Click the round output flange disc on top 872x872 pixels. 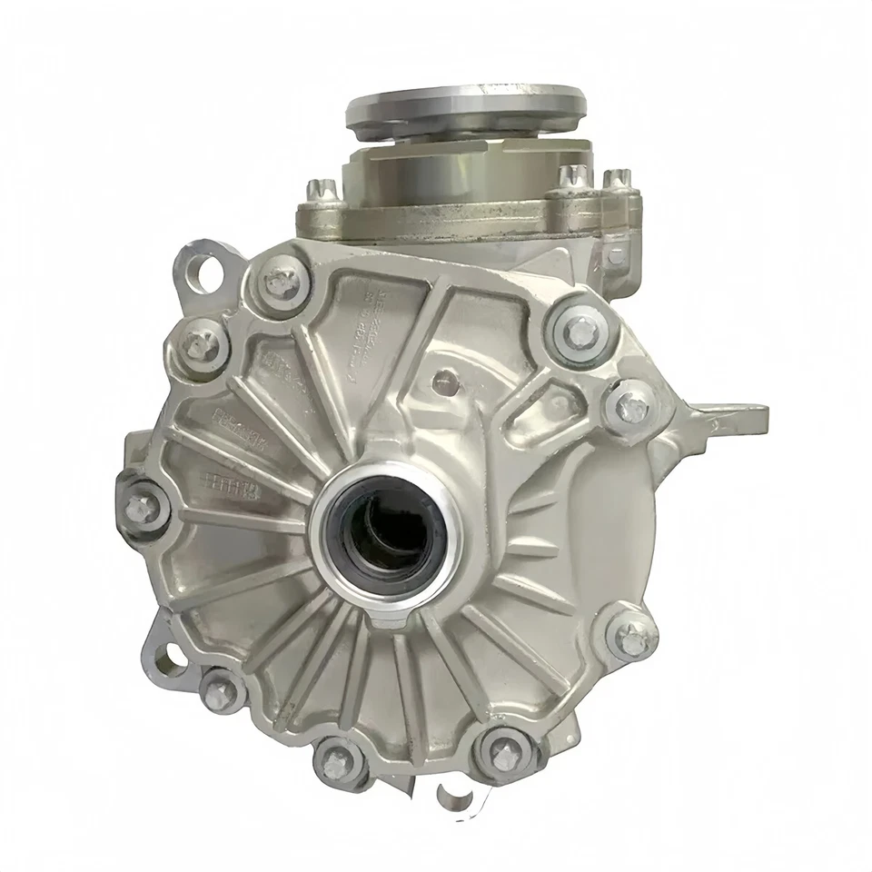tap(463, 104)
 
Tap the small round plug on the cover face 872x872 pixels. tap(443, 381)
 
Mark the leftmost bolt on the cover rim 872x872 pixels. tap(142, 508)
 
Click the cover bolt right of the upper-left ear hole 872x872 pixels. tap(283, 283)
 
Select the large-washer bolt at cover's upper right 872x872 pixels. tap(579, 332)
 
